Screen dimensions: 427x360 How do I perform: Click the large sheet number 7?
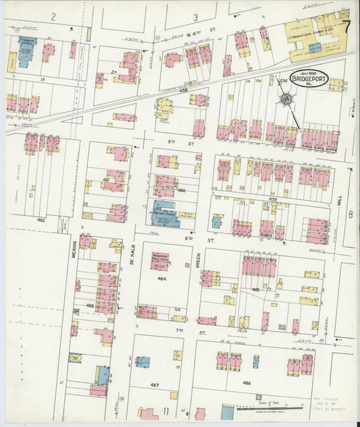(346, 28)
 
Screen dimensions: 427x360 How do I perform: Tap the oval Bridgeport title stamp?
(309, 78)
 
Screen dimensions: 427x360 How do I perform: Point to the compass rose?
(286, 100)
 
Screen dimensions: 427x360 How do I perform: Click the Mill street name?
(340, 201)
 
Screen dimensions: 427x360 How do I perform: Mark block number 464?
(161, 278)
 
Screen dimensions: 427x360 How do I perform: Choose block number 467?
(155, 384)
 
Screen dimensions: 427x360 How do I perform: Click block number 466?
(246, 382)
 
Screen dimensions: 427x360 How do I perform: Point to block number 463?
(90, 305)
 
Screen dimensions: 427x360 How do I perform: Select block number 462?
(42, 220)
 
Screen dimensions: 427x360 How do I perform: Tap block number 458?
(182, 89)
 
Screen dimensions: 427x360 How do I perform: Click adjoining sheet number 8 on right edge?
(351, 214)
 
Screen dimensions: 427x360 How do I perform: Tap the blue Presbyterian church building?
(164, 214)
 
